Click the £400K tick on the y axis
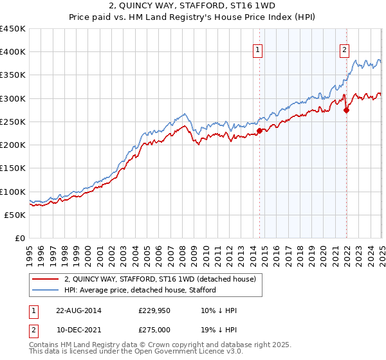13,52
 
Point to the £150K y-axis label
13,168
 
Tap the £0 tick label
20,239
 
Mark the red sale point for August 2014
260,131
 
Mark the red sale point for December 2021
346,110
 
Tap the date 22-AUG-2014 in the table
78,310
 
